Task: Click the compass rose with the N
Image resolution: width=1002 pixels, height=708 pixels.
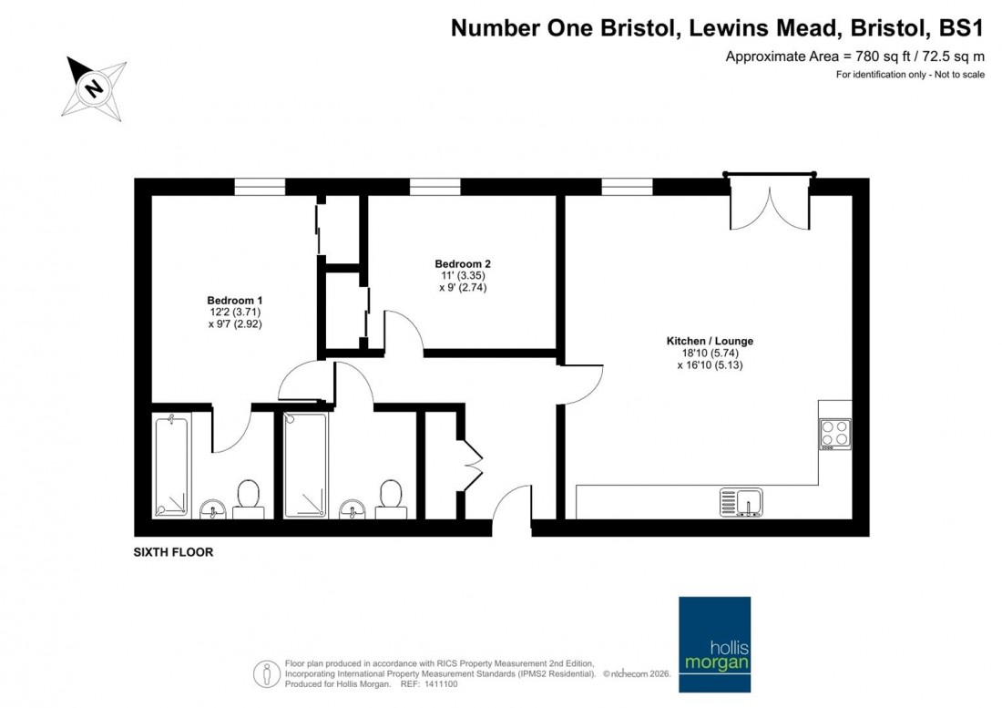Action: click(94, 87)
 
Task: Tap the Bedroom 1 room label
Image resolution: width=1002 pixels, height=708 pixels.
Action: click(235, 301)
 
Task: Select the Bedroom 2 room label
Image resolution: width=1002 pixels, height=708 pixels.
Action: click(463, 264)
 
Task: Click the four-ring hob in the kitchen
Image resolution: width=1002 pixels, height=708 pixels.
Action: click(834, 434)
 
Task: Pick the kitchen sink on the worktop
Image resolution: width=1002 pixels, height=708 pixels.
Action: click(741, 502)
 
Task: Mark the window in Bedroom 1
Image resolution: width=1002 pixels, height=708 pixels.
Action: click(260, 187)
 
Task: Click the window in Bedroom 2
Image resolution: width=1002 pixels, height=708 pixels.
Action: click(435, 187)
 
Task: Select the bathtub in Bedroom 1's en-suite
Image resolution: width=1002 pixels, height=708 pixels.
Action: click(171, 465)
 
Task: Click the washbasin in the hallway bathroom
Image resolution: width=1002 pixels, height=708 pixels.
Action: click(351, 508)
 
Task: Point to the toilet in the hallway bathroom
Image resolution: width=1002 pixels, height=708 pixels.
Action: click(392, 498)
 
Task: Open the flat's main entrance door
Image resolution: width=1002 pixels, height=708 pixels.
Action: click(514, 505)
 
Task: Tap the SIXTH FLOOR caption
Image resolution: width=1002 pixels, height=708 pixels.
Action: click(173, 552)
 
